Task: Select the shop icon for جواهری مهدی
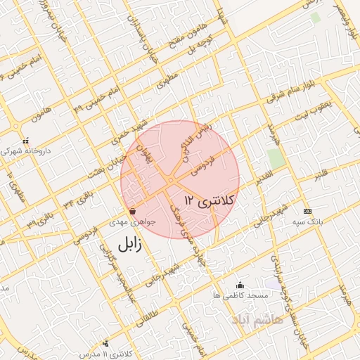tap(133, 210)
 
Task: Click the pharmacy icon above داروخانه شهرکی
tap(26, 139)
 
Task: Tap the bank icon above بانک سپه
tap(307, 211)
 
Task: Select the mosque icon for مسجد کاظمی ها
tap(240, 285)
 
